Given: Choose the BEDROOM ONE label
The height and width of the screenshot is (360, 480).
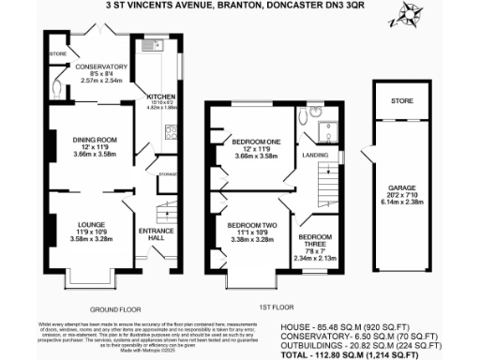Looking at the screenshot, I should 250,142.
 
